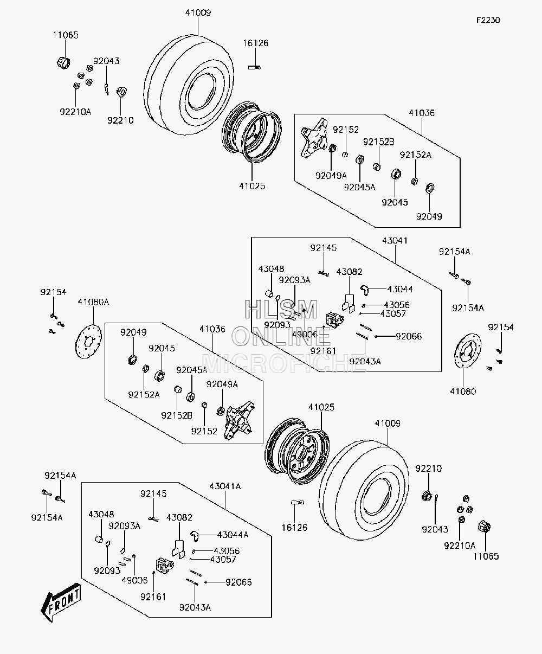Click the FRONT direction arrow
point(61,602)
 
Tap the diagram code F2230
point(488,21)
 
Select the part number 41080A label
point(93,302)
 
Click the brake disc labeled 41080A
point(88,342)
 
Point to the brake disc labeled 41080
point(468,351)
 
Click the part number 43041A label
point(225,486)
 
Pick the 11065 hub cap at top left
point(63,63)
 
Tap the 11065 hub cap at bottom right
point(484,527)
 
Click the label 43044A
point(233,535)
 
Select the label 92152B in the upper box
point(378,142)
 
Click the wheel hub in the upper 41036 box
point(314,138)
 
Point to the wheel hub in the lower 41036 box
point(239,420)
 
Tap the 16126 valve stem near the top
point(254,67)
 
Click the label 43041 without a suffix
point(395,241)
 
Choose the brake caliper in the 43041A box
point(165,566)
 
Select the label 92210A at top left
point(75,112)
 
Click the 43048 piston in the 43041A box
point(99,539)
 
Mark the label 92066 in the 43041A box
point(238,582)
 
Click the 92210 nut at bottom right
point(427,496)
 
